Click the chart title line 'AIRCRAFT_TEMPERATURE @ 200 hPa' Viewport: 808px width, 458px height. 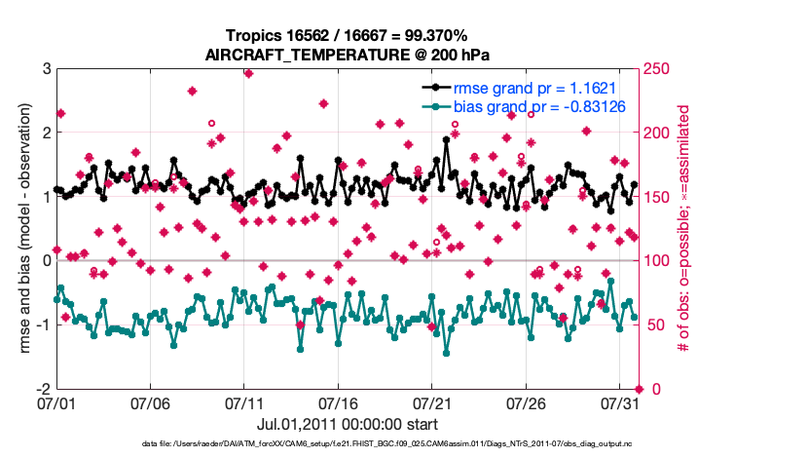(x=347, y=55)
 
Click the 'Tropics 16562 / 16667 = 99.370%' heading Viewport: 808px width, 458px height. (x=347, y=35)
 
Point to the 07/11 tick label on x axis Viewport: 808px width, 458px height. (x=245, y=401)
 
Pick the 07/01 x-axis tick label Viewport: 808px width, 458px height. (x=56, y=401)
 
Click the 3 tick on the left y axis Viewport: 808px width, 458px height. (x=46, y=69)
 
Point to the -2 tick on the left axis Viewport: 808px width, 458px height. (x=43, y=388)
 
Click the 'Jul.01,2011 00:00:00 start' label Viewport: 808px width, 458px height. (x=347, y=424)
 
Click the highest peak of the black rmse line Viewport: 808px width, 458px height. (x=446, y=139)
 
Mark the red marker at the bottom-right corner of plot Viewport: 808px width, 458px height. (x=640, y=388)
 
